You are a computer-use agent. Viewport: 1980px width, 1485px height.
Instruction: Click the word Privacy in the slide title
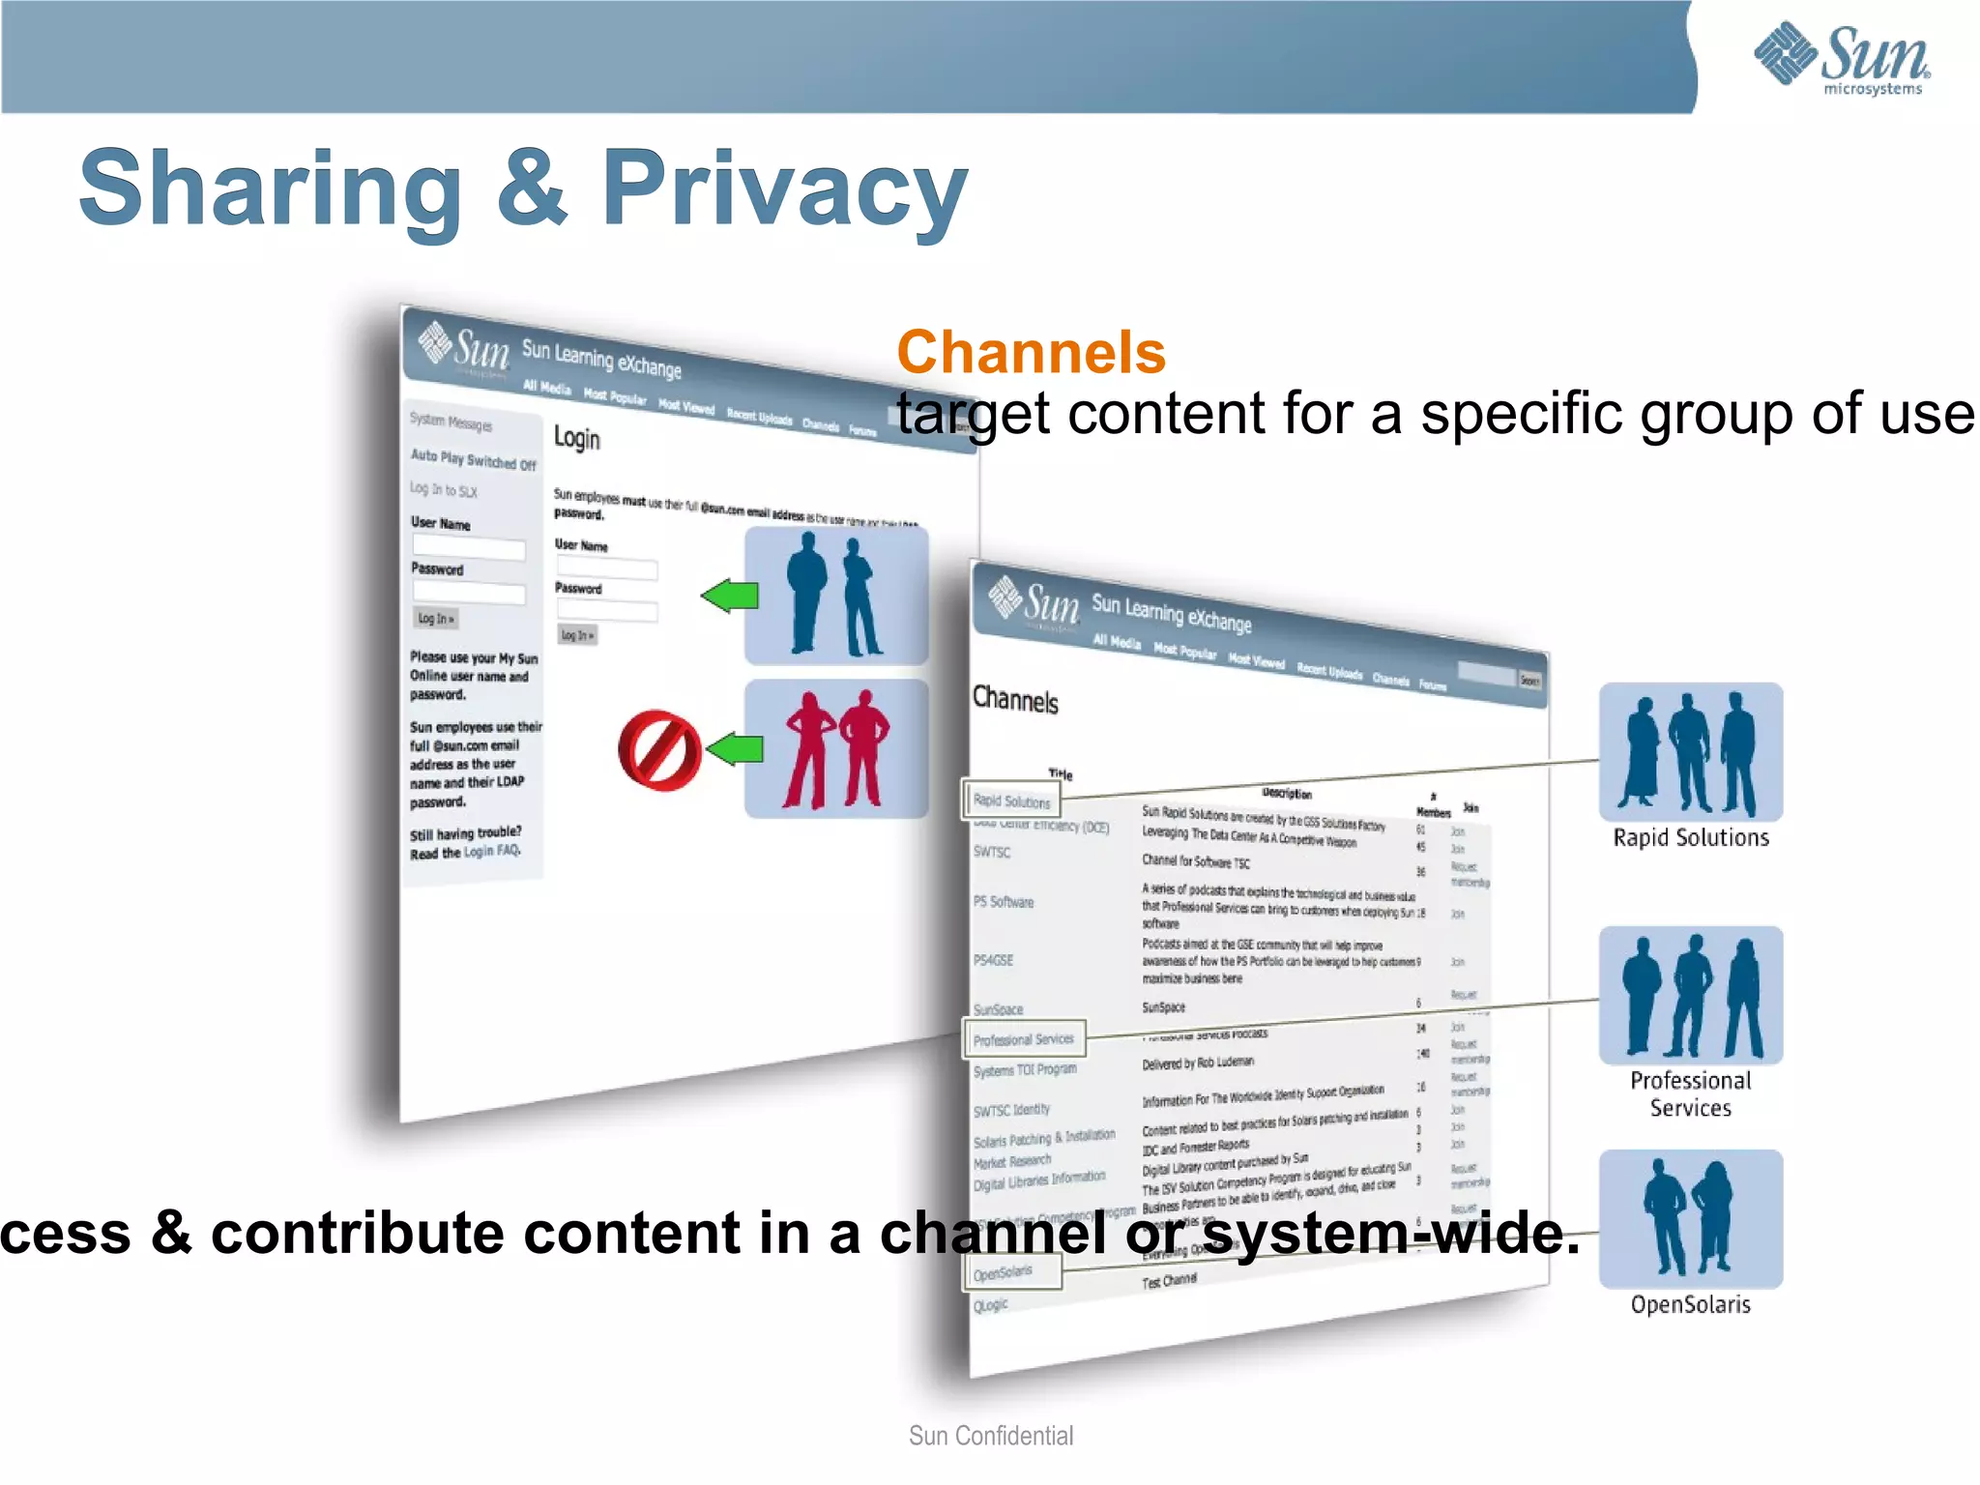coord(784,189)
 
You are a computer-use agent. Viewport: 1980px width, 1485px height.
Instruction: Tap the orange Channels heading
coord(1031,352)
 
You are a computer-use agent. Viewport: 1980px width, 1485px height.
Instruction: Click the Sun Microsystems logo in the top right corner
coord(1842,58)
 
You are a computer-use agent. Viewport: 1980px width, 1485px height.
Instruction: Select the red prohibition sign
coord(659,751)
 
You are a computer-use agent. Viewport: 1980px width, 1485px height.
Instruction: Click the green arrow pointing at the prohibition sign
coord(735,748)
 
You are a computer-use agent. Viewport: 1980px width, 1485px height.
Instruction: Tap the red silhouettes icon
coord(836,749)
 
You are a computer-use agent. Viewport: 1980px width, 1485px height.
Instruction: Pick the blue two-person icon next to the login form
coord(836,596)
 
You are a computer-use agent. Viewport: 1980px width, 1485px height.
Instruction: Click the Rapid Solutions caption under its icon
coord(1691,838)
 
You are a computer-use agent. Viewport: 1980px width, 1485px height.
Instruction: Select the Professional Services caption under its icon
coord(1691,1094)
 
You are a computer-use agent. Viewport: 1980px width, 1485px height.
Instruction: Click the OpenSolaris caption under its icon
coord(1691,1305)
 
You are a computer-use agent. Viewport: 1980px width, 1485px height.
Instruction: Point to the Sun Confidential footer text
coord(991,1436)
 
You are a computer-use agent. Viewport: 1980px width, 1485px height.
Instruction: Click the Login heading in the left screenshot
coord(577,439)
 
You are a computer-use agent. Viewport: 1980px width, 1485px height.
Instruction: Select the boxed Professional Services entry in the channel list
coord(1024,1039)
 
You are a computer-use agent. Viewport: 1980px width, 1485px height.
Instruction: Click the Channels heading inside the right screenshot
coord(1015,700)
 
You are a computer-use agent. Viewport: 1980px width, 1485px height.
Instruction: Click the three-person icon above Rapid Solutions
coord(1691,752)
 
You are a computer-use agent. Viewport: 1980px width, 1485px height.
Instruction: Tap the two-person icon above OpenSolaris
coord(1691,1218)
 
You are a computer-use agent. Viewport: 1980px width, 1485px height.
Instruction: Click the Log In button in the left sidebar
coord(436,619)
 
